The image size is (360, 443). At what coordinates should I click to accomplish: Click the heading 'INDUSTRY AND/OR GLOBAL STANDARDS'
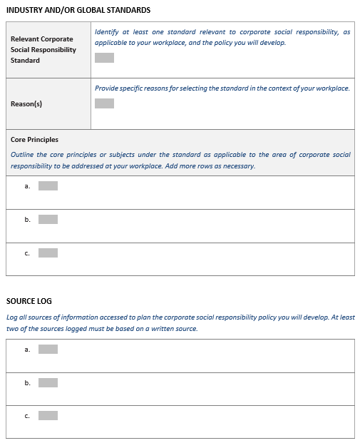pos(78,10)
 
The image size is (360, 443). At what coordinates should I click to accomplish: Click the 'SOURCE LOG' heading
pos(29,301)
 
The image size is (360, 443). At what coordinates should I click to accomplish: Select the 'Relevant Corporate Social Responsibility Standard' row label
pos(43,49)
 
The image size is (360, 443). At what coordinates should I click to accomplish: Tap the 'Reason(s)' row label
pos(26,104)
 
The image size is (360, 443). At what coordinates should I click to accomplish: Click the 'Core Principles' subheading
pos(34,140)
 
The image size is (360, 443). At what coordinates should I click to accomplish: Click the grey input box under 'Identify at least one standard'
pos(104,58)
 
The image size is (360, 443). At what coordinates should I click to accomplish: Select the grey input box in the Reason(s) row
pos(104,103)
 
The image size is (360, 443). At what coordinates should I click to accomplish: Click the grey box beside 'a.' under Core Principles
pos(48,186)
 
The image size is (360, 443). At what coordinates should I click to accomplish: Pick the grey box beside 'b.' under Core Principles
pos(48,219)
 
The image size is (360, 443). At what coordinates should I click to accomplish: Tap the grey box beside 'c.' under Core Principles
pos(48,253)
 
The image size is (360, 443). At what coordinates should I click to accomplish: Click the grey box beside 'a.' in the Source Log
pos(48,350)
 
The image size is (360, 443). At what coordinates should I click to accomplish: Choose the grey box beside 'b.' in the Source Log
pos(48,383)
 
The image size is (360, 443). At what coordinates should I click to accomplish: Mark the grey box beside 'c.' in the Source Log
pos(48,416)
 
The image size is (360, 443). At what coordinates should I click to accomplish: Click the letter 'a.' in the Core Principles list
pos(27,186)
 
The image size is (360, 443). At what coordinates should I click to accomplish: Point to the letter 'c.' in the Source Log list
pos(27,416)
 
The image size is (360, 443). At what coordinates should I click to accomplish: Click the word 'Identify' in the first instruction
pos(106,32)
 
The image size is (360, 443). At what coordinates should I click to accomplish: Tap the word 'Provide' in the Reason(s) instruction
pos(108,88)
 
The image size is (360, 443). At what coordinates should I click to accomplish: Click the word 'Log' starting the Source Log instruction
pos(12,317)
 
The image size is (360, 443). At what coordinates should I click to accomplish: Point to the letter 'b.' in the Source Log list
pos(27,383)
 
